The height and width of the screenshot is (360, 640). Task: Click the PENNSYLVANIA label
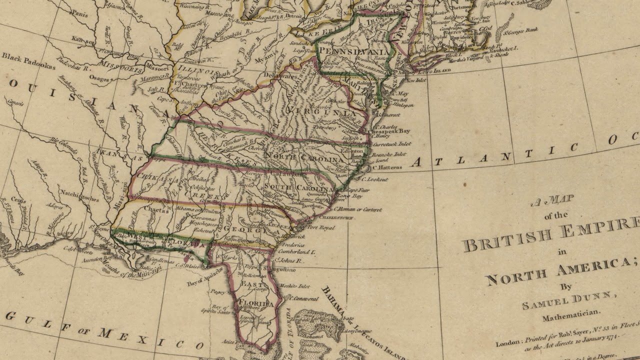[x=353, y=52]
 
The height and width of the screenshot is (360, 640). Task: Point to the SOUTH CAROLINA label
[x=298, y=188]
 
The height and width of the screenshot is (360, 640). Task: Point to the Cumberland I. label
[x=300, y=252]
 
